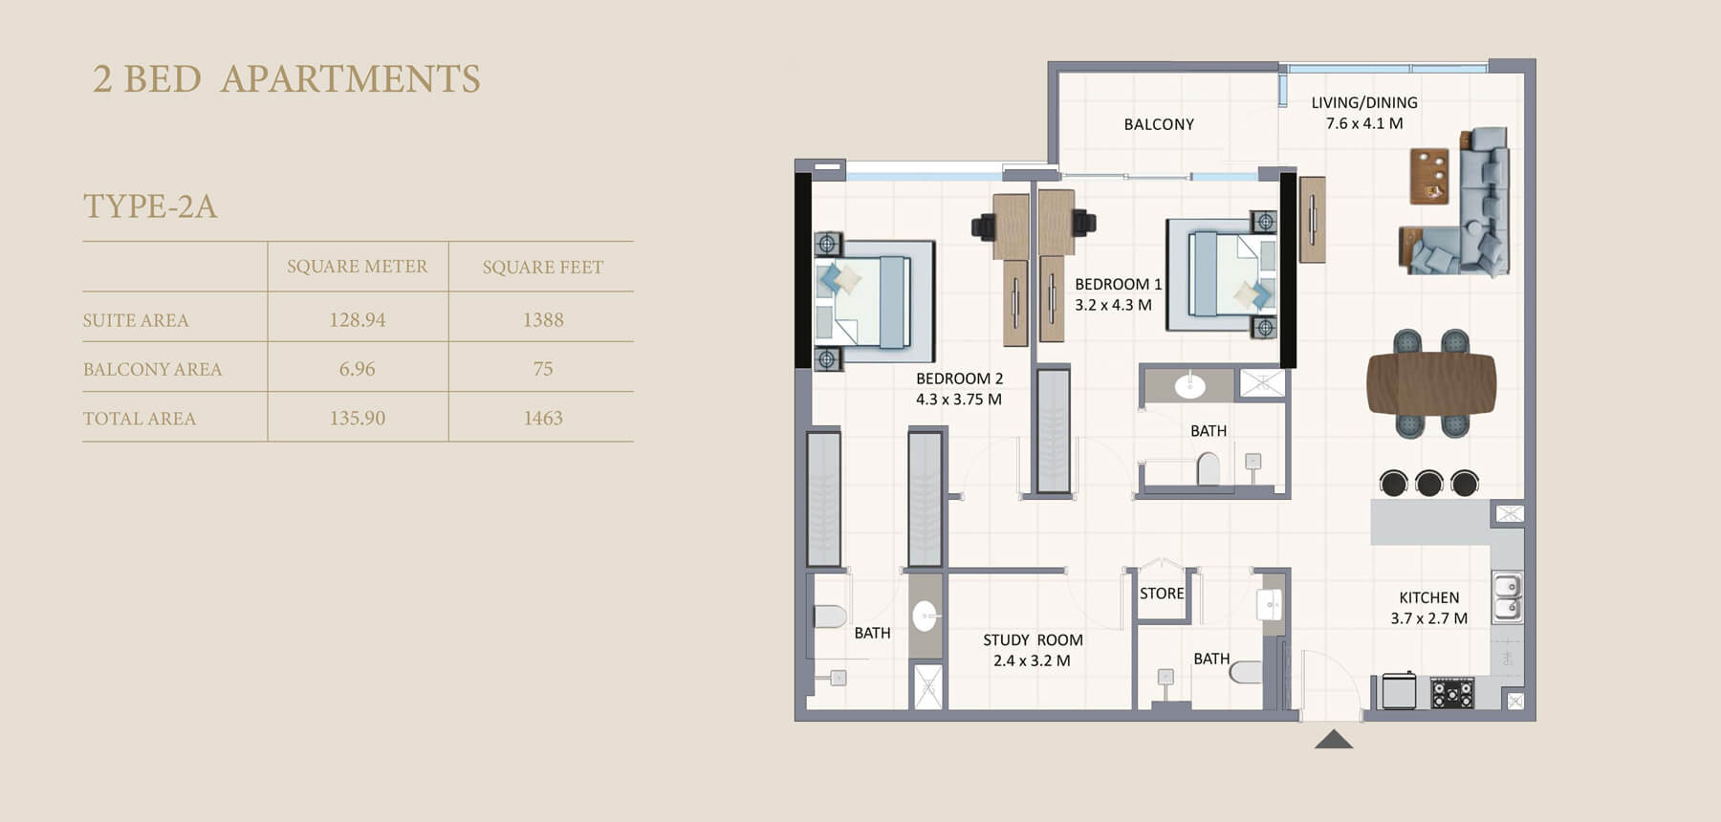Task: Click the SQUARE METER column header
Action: pyautogui.click(x=357, y=267)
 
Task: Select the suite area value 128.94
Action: pyautogui.click(x=358, y=320)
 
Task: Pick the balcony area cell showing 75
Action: pyautogui.click(x=543, y=369)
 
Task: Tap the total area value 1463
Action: pyautogui.click(x=543, y=419)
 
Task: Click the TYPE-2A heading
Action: pyautogui.click(x=150, y=206)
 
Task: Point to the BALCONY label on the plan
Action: pyautogui.click(x=1159, y=124)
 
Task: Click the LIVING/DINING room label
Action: pyautogui.click(x=1364, y=102)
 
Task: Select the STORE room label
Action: pyautogui.click(x=1162, y=594)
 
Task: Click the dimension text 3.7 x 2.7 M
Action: pyautogui.click(x=1428, y=618)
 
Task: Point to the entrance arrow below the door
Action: pyautogui.click(x=1334, y=739)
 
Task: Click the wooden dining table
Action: pyautogui.click(x=1430, y=383)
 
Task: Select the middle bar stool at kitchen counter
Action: pyautogui.click(x=1429, y=483)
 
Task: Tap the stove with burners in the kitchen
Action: pyautogui.click(x=1452, y=693)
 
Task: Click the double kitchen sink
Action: pyautogui.click(x=1508, y=596)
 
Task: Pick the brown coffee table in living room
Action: pyautogui.click(x=1429, y=176)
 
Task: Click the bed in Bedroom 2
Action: pyautogui.click(x=874, y=302)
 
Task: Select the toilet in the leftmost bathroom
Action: pyautogui.click(x=831, y=616)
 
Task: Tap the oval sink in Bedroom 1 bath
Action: pyautogui.click(x=1189, y=386)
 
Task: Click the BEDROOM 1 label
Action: pyautogui.click(x=1119, y=285)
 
